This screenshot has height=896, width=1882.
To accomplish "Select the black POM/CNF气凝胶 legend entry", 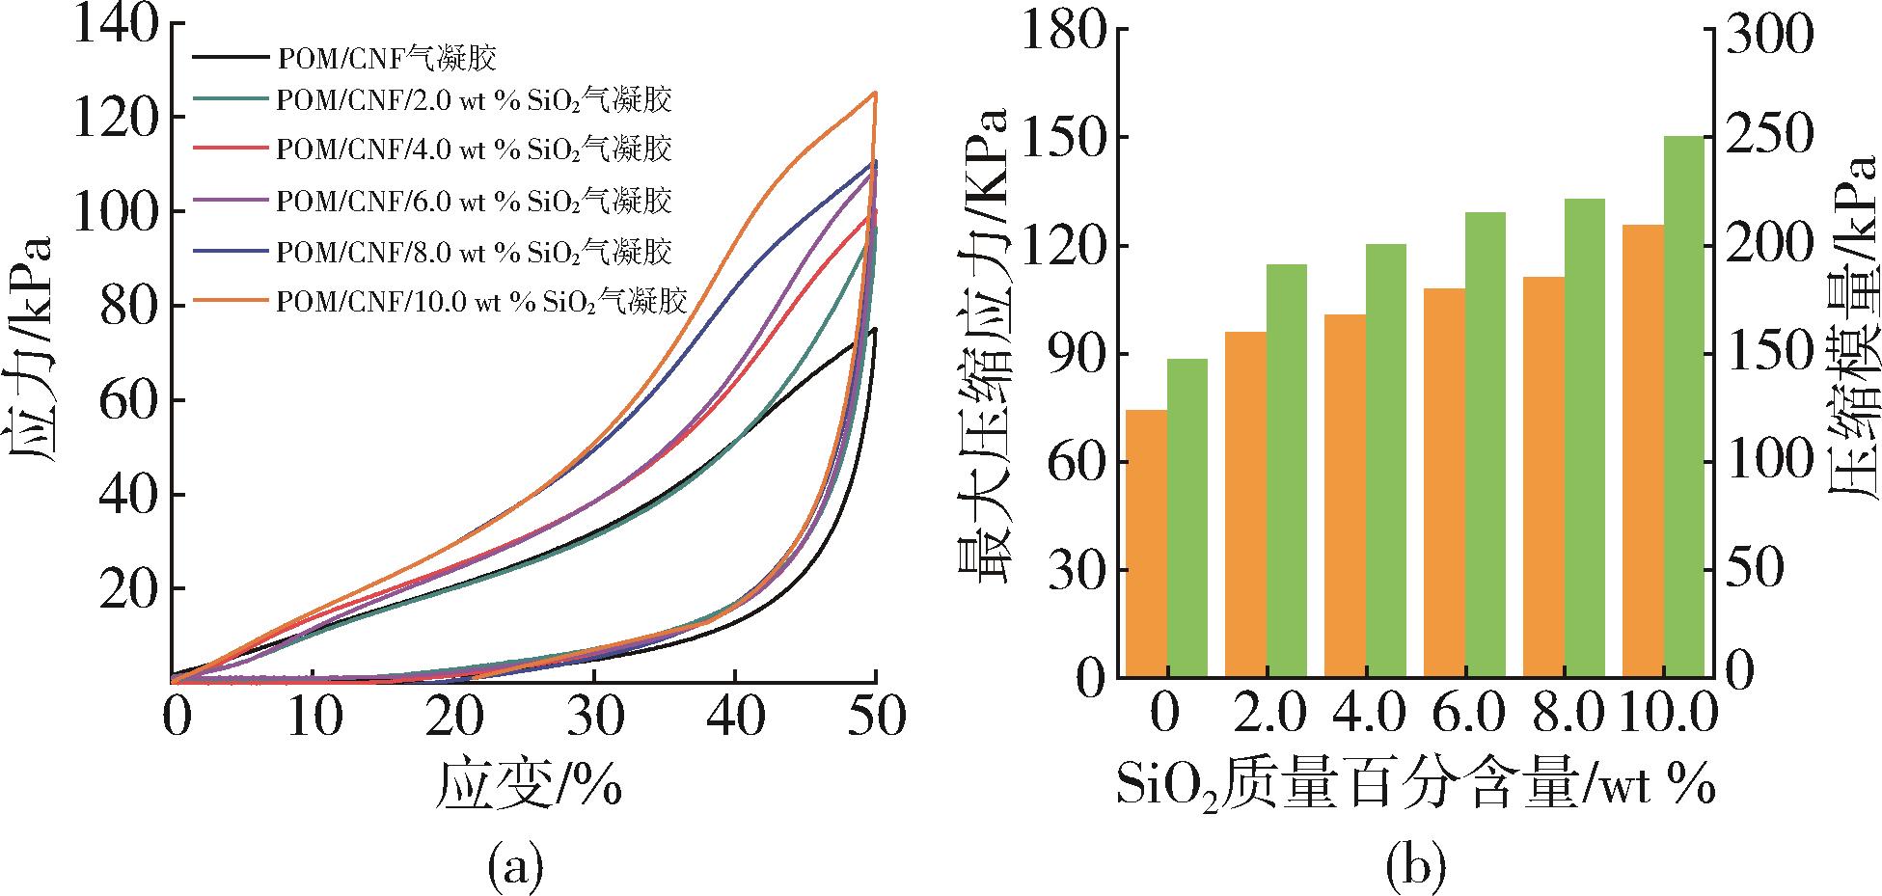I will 386,59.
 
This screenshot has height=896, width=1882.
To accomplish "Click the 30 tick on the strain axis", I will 594,719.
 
